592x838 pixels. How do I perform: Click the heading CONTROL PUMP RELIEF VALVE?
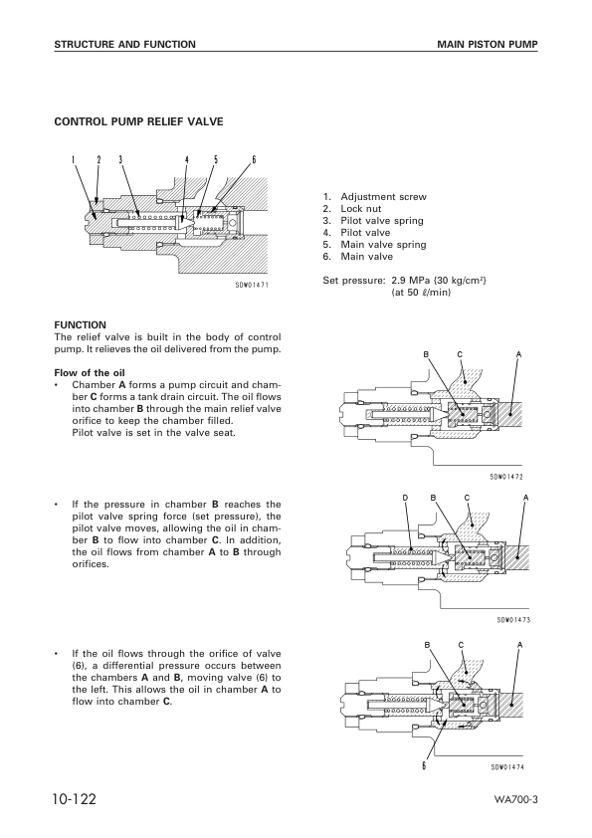(138, 121)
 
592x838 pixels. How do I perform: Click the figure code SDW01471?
(252, 284)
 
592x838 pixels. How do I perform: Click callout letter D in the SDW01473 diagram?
(405, 497)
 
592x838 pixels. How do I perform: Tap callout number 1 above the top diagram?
(73, 159)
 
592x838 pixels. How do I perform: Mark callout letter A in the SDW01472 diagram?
(519, 354)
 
